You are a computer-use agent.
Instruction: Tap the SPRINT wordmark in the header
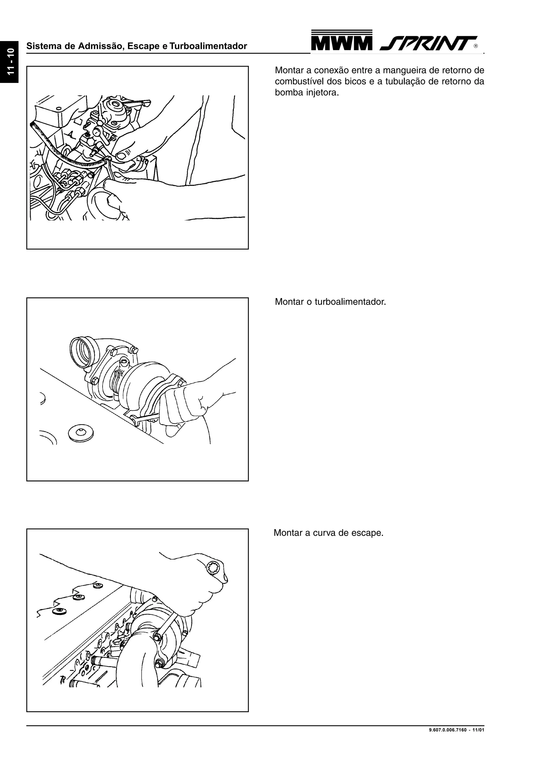pyautogui.click(x=428, y=43)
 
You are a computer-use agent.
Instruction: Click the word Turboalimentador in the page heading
pyautogui.click(x=208, y=46)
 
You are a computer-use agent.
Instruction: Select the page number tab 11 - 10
pyautogui.click(x=9, y=62)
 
